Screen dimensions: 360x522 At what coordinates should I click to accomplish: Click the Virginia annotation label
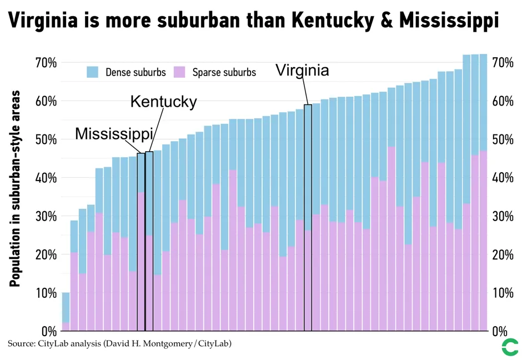pos(302,71)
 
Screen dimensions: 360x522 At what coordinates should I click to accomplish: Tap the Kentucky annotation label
pos(163,102)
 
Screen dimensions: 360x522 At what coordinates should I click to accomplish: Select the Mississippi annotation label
pos(114,134)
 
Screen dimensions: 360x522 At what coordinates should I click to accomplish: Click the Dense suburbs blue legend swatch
pos(92,72)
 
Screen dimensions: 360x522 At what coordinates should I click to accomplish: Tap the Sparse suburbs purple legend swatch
pos(179,72)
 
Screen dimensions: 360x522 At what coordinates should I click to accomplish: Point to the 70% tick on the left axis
pos(46,63)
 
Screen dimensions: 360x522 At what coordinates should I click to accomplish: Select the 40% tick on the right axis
pos(503,178)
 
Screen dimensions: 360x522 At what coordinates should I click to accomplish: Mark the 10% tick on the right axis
pos(503,293)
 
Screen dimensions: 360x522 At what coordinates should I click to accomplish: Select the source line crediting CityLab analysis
pos(119,344)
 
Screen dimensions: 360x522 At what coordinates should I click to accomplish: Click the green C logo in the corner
pos(509,347)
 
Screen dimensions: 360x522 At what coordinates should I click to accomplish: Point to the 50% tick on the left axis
pos(46,139)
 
